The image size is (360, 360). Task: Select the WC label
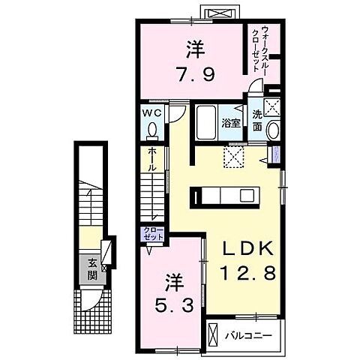(152, 113)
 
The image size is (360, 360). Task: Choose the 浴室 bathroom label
(231, 124)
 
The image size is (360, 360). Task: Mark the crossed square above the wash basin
(272, 105)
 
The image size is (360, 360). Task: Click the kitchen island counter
(224, 196)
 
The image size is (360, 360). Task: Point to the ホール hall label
(151, 159)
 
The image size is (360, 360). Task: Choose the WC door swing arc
(174, 114)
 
